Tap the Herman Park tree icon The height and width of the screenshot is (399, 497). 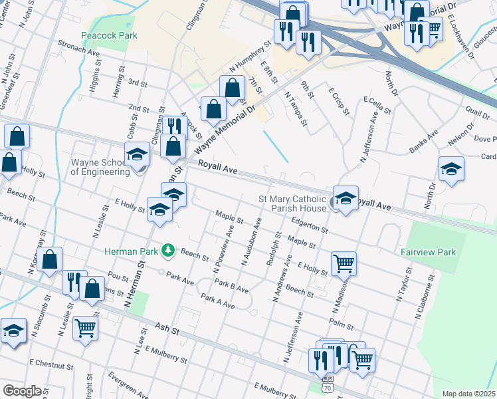point(169,250)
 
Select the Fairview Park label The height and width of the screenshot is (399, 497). point(428,252)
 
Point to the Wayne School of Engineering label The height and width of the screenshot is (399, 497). point(100,167)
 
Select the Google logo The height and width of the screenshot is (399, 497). point(21,391)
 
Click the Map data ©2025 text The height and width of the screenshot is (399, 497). point(469,394)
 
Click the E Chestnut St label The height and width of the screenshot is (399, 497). point(51,365)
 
